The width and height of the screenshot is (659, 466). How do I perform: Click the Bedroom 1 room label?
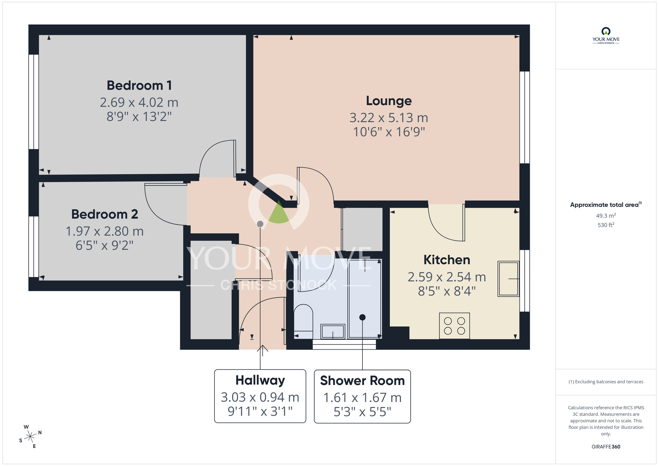coord(139,85)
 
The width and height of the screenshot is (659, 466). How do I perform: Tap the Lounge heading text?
coord(389,101)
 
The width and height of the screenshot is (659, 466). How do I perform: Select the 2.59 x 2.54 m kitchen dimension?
coord(447,277)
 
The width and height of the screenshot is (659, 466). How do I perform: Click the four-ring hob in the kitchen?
coord(454,326)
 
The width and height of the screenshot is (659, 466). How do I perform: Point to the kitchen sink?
coord(508,279)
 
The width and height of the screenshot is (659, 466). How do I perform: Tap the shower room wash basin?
coord(333,331)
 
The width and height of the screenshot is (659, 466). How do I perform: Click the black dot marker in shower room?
coord(362,317)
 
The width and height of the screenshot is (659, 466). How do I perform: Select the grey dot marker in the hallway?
coord(260,224)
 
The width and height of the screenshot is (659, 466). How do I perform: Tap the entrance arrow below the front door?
coord(263,350)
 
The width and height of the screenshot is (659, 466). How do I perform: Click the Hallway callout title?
coord(260,380)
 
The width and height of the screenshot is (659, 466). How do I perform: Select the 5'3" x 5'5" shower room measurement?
coord(362,412)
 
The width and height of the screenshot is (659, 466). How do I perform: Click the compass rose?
coord(30,437)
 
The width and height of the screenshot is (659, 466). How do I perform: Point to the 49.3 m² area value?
coord(606,216)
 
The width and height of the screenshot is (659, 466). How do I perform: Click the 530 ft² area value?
coord(606,225)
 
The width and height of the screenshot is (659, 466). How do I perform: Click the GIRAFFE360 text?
coord(606,447)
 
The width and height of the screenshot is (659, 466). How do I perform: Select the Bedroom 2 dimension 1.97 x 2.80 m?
coord(104,231)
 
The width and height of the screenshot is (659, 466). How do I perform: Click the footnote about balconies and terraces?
coord(606,382)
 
